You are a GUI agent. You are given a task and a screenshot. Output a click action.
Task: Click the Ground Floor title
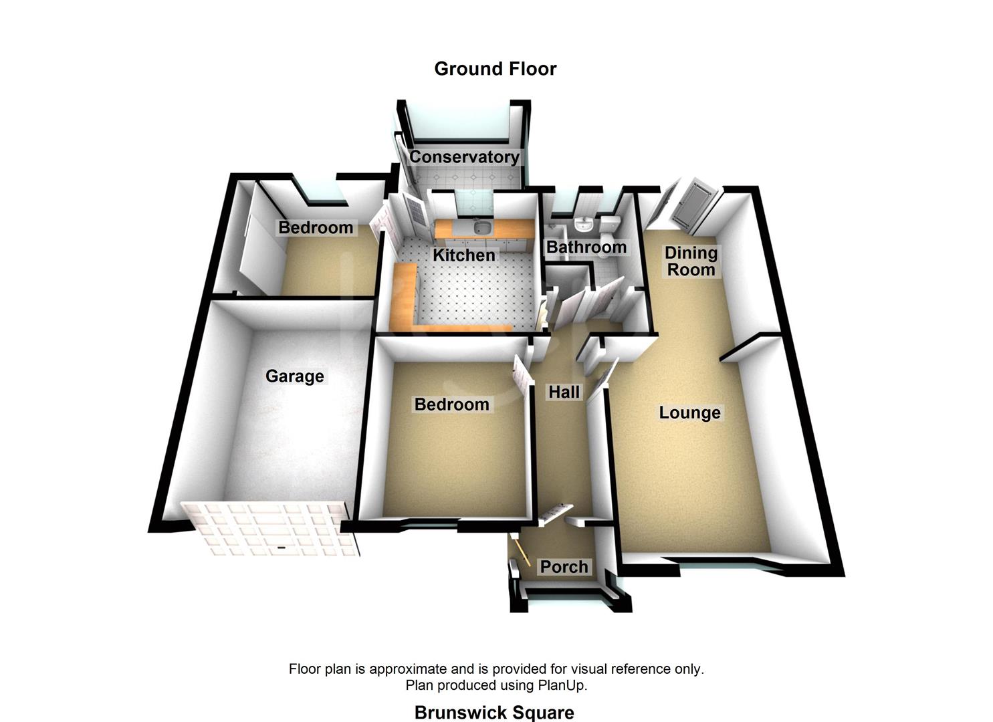coord(495,69)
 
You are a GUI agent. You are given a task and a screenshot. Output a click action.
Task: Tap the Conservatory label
coord(464,157)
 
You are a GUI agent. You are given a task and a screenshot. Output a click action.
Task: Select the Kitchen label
coord(464,255)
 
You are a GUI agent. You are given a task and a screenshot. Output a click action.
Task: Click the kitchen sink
coord(479,229)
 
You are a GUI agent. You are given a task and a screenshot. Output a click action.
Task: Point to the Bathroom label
coord(586,247)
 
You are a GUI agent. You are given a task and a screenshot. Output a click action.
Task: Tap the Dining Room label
coord(691,261)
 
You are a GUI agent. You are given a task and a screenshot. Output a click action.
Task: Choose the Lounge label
coord(689,412)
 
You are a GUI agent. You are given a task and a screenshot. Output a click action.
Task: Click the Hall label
coord(564,392)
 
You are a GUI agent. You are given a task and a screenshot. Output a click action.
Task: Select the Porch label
coord(564,567)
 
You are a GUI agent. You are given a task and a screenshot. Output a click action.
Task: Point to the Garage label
coord(295,376)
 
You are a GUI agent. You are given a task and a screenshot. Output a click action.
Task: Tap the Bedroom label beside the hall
coord(451,404)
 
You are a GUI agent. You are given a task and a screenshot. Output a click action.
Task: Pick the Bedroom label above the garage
coord(316,227)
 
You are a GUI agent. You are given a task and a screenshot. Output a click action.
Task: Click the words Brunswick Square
coord(494,713)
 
